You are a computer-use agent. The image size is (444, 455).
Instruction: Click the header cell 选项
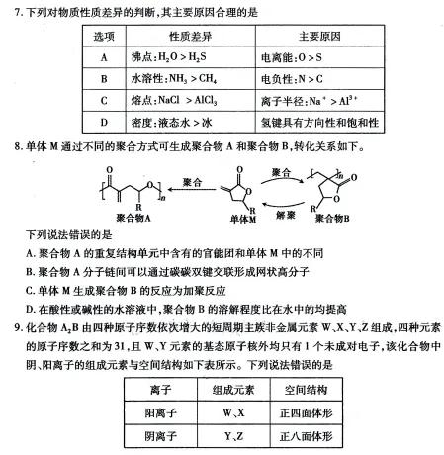104,35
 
